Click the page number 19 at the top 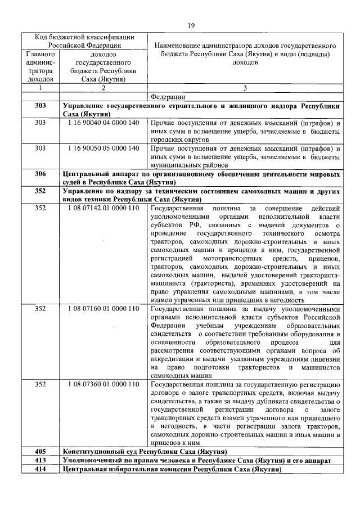coord(190,25)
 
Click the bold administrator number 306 coord(40,174)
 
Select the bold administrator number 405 coord(40,452)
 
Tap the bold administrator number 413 coord(40,460)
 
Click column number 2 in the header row coord(103,88)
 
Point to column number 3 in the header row coord(245,88)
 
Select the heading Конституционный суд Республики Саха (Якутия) coord(145,452)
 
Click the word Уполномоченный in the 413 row coord(90,460)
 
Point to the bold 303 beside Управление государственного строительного coord(40,106)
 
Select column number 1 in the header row coord(40,88)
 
